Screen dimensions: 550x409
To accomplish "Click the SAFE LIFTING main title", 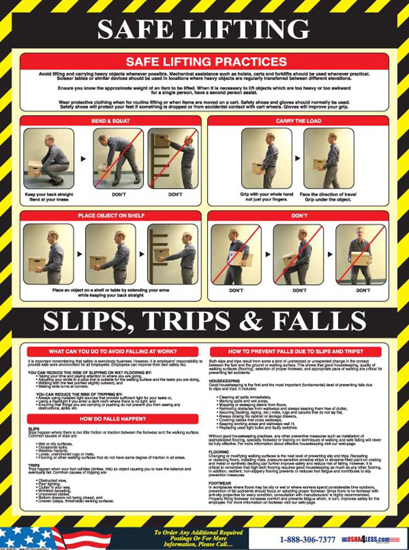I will coord(204,29).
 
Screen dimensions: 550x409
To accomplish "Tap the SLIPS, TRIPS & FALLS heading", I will coord(204,322).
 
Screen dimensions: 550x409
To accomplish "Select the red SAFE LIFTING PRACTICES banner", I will coord(204,61).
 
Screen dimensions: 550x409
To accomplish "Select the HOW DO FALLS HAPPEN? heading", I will coord(112,419).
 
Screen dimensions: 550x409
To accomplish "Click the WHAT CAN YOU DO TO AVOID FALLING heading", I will coord(112,351).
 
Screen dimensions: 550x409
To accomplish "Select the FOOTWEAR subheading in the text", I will coord(220,484).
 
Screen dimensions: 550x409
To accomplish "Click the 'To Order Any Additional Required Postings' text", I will coord(198,532).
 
